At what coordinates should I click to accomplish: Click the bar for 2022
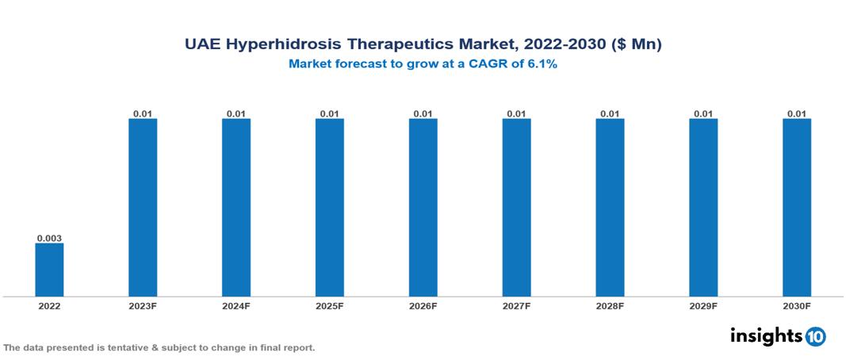pyautogui.click(x=49, y=270)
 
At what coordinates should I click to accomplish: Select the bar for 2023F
pyautogui.click(x=143, y=208)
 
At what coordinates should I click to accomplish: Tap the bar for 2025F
pyautogui.click(x=329, y=208)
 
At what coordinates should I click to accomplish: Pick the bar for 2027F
pyautogui.click(x=516, y=208)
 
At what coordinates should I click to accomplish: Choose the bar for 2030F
pyautogui.click(x=797, y=208)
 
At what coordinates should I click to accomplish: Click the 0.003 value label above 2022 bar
pyautogui.click(x=49, y=237)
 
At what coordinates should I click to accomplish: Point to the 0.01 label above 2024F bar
pyautogui.click(x=236, y=113)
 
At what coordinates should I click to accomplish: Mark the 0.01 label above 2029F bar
pyautogui.click(x=703, y=113)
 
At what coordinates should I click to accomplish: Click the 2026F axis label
pyautogui.click(x=423, y=306)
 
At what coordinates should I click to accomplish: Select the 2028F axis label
pyautogui.click(x=610, y=306)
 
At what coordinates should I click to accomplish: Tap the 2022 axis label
pyautogui.click(x=49, y=306)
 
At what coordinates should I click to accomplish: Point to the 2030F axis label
pyautogui.click(x=797, y=306)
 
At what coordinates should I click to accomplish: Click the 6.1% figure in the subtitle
pyautogui.click(x=542, y=64)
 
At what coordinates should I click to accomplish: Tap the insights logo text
pyautogui.click(x=766, y=335)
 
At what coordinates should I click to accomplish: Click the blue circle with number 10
pyautogui.click(x=816, y=336)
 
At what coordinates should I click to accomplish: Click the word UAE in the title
pyautogui.click(x=203, y=45)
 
